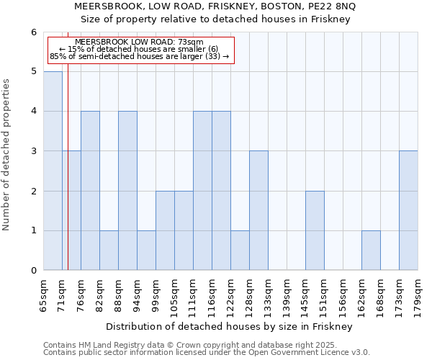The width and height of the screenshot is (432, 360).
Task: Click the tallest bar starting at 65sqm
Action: pos(53,171)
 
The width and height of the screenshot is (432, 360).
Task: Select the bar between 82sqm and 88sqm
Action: pos(109,251)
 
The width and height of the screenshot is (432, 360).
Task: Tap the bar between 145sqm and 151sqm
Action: pos(315,230)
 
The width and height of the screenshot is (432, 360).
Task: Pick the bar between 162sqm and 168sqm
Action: pos(371,251)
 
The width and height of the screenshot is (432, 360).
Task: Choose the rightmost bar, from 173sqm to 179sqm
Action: pos(408,210)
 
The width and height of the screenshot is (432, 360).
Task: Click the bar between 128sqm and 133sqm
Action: pos(258,210)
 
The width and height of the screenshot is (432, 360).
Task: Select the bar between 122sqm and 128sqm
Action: pos(240,251)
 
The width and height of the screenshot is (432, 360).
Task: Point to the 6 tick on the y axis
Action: pos(33,32)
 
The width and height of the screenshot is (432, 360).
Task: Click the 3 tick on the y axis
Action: pos(33,151)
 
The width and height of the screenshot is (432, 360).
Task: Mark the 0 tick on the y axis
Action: pos(33,271)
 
